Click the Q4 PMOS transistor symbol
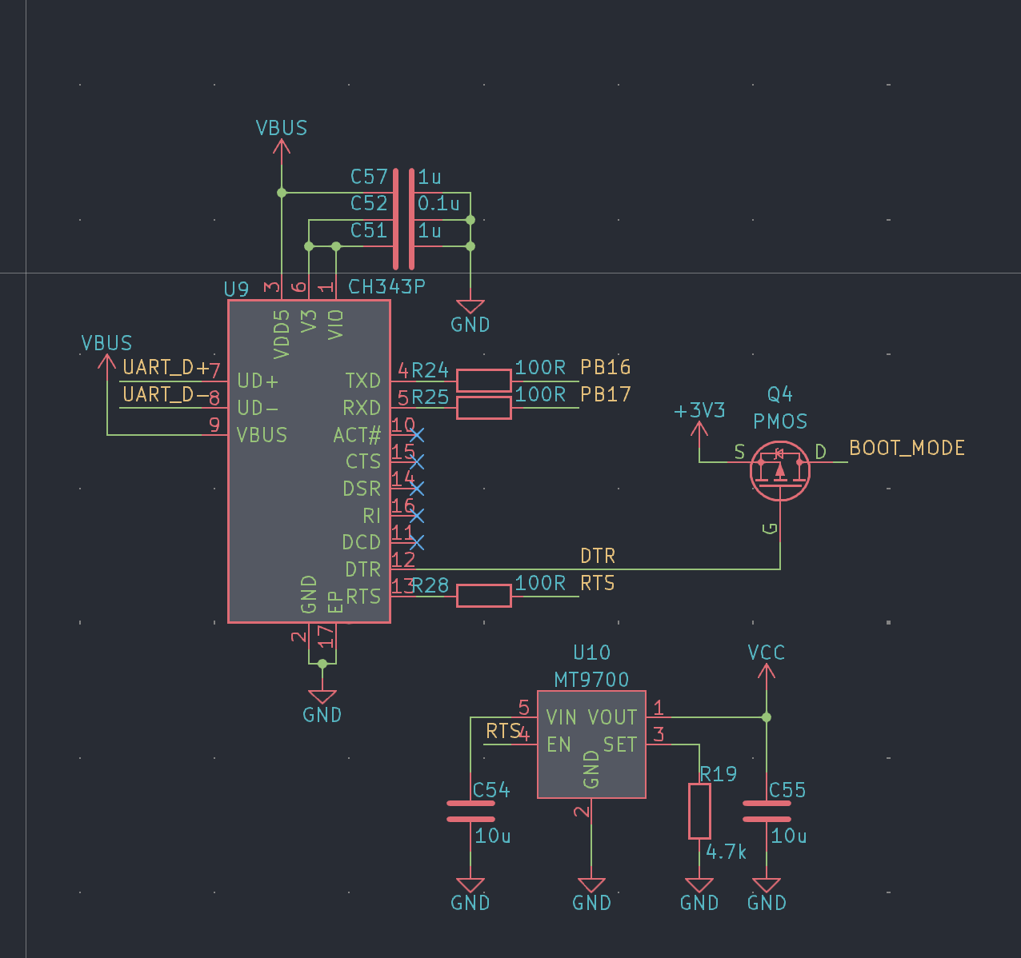[780, 470]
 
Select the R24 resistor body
[484, 381]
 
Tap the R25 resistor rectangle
[484, 408]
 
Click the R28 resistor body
[484, 596]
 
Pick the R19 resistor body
[699, 811]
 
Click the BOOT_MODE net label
[907, 448]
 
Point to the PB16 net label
[605, 368]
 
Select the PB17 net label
[605, 394]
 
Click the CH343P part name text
[386, 287]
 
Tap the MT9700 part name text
[591, 680]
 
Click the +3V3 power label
[699, 410]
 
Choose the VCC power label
[766, 653]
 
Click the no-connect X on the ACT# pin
[417, 435]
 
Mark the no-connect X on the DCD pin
[417, 542]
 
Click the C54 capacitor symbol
[470, 811]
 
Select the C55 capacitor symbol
[767, 811]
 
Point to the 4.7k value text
[726, 852]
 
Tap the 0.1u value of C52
[438, 204]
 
